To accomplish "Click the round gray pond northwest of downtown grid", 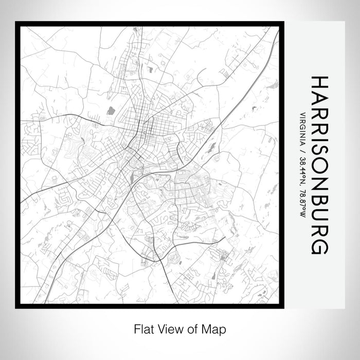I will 110,110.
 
